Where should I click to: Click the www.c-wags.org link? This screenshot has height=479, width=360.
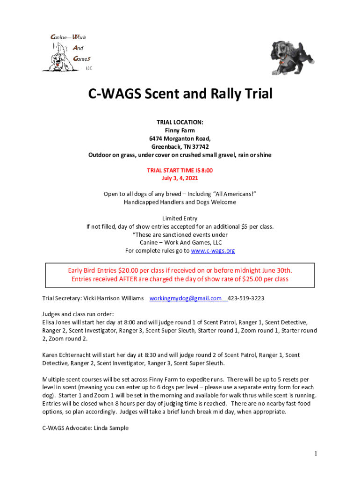[x=213, y=251]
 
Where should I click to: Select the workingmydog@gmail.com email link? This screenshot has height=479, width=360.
[x=186, y=298]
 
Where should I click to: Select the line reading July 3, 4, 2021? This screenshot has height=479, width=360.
[x=180, y=178]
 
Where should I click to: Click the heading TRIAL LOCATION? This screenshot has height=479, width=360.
[x=180, y=123]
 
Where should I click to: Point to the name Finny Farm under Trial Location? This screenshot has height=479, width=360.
[x=180, y=131]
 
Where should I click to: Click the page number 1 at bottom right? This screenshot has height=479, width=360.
[x=317, y=454]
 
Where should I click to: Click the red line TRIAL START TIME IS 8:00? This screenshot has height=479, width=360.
[x=180, y=170]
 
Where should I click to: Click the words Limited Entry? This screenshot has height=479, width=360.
[x=180, y=218]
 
